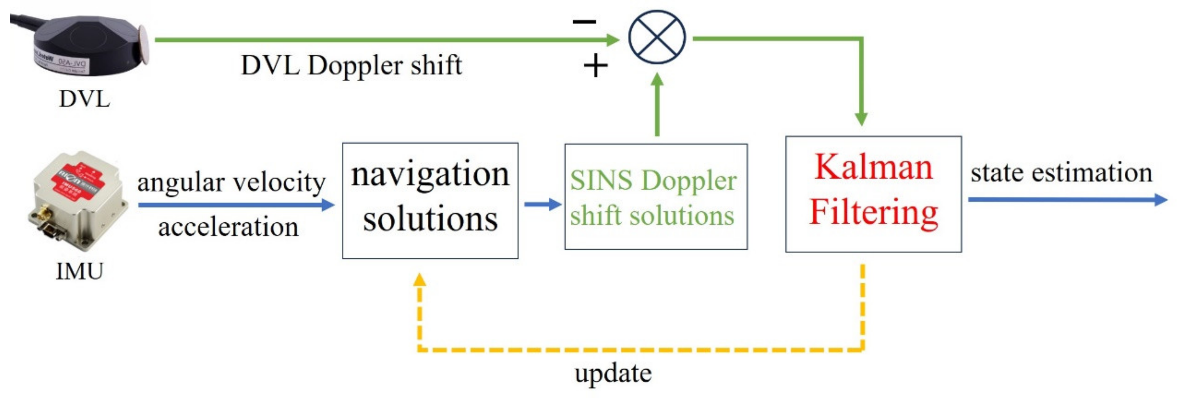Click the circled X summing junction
point(657,37)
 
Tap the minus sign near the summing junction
point(584,21)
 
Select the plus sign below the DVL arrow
point(596,66)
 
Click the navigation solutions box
point(430,201)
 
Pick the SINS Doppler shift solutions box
point(656,197)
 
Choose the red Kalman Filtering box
point(873,194)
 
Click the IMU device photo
point(77,201)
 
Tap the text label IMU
point(80,271)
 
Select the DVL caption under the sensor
point(85,99)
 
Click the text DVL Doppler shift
point(351,66)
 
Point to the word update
point(613,374)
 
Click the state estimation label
point(1061,173)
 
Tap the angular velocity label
point(231,182)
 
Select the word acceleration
point(228,227)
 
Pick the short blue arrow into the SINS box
point(542,204)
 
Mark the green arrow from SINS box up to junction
point(657,105)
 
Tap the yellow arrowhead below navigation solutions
point(419,279)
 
